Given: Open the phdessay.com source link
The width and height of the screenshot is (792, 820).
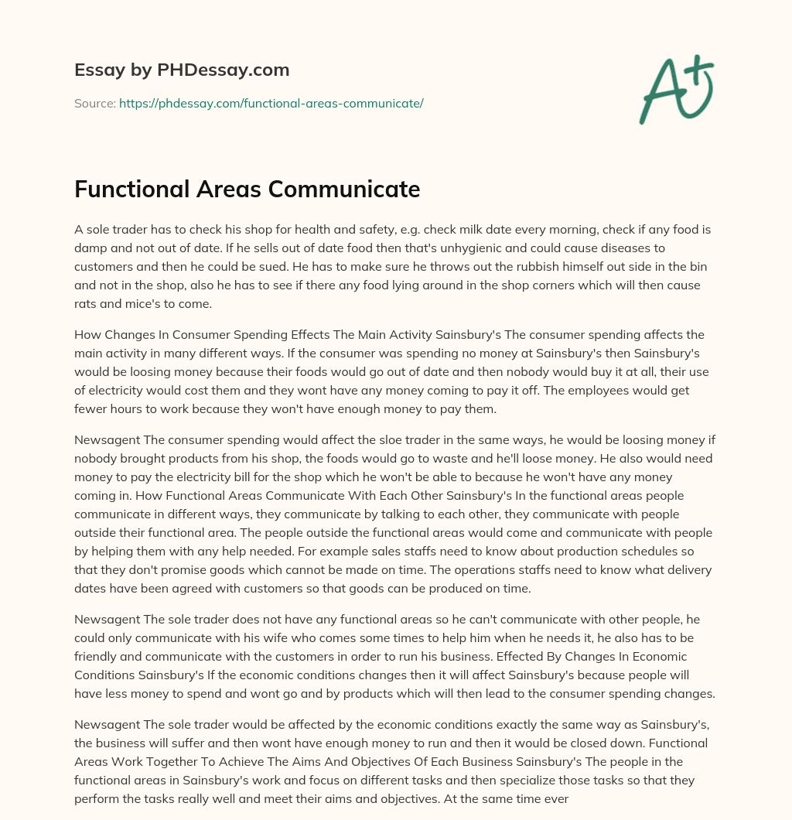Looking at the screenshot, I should tap(271, 103).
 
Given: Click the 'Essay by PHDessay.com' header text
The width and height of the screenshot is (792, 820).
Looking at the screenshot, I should tap(182, 70).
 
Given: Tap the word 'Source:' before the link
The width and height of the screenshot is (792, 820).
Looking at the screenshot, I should tap(94, 103).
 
